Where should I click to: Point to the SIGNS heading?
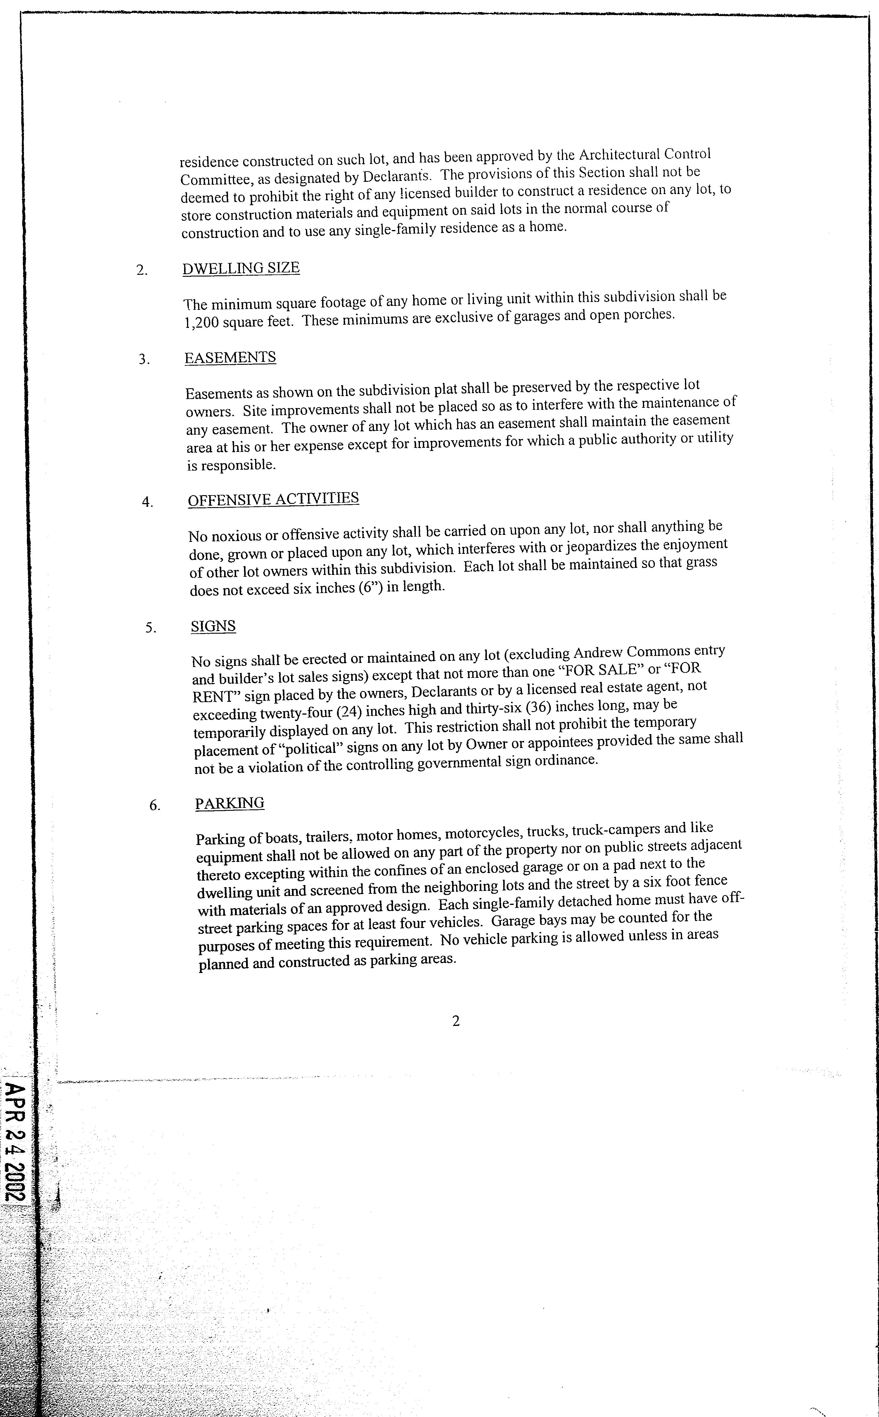[x=213, y=626]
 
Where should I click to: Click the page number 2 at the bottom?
[x=456, y=1021]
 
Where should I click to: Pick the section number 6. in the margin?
[x=155, y=805]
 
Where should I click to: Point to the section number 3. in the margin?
[x=144, y=359]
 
